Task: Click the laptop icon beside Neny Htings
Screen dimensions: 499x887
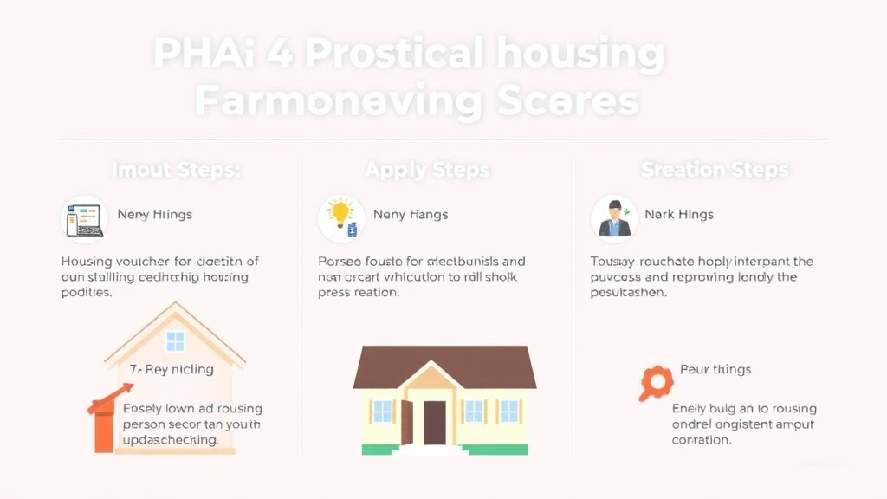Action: tap(84, 219)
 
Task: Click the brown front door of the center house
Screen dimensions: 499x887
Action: tap(435, 422)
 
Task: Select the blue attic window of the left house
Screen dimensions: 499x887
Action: tap(175, 341)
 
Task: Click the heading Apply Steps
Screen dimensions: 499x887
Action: tap(427, 170)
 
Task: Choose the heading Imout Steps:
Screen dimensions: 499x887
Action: tap(176, 170)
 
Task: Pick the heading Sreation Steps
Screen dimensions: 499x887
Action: tap(714, 170)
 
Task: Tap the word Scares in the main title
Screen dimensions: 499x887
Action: tap(568, 102)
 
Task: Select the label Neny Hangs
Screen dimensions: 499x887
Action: tap(411, 214)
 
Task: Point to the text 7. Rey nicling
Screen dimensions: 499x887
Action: tap(172, 369)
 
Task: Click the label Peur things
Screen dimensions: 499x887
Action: tap(715, 369)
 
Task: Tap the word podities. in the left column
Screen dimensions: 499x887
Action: tap(87, 293)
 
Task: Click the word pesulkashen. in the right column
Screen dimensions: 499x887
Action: tap(629, 293)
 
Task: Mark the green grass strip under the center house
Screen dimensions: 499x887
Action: tap(444, 450)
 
